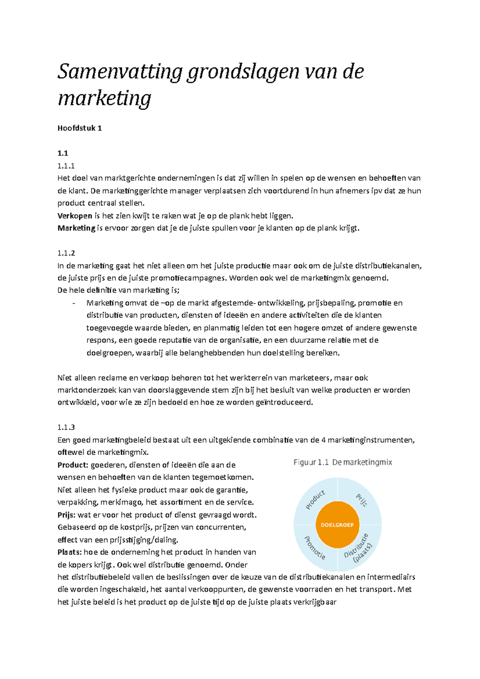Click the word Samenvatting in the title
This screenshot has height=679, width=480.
[120, 72]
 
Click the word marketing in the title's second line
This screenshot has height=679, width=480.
[104, 98]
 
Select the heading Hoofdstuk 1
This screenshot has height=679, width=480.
[80, 128]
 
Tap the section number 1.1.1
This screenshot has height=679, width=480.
[66, 166]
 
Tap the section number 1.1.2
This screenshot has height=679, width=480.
[66, 253]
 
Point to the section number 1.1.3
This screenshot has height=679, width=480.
[66, 427]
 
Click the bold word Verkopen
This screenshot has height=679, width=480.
[75, 216]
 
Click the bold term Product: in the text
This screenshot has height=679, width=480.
[72, 465]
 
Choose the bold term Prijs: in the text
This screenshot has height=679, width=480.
[66, 515]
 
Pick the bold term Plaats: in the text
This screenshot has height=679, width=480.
[70, 552]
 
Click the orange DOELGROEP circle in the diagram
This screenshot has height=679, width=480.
[337, 525]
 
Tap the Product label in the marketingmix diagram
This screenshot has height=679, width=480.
[315, 500]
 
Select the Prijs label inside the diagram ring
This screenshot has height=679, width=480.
[361, 500]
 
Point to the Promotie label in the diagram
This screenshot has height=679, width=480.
[315, 548]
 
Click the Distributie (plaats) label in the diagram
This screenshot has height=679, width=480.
[359, 549]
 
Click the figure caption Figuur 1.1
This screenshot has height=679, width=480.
[311, 462]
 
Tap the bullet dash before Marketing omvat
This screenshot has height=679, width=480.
[74, 303]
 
